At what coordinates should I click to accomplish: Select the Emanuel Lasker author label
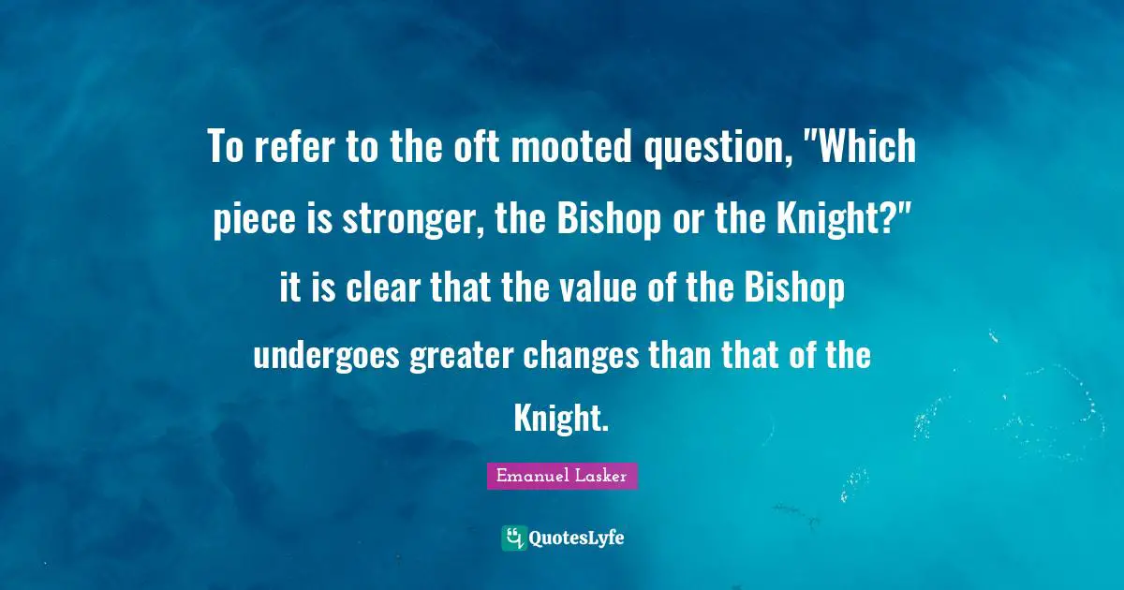(561, 476)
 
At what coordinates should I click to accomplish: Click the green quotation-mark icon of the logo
(513, 538)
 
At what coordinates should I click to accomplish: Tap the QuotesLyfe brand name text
(576, 538)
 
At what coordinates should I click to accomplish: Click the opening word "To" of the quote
(225, 149)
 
